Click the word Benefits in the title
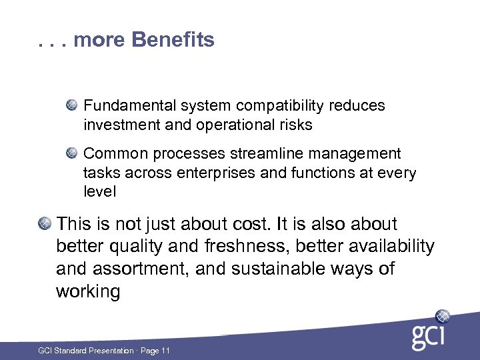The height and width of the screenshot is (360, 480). click(x=173, y=40)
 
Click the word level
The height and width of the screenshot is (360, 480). click(x=99, y=192)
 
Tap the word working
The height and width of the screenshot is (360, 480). click(x=88, y=292)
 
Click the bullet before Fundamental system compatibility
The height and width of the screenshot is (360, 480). click(x=71, y=105)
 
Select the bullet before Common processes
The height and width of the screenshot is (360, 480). click(x=71, y=153)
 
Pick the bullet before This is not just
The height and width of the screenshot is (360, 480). click(x=44, y=223)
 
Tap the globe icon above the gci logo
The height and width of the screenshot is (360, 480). click(x=443, y=316)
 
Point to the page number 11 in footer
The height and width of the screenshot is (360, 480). click(x=166, y=351)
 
